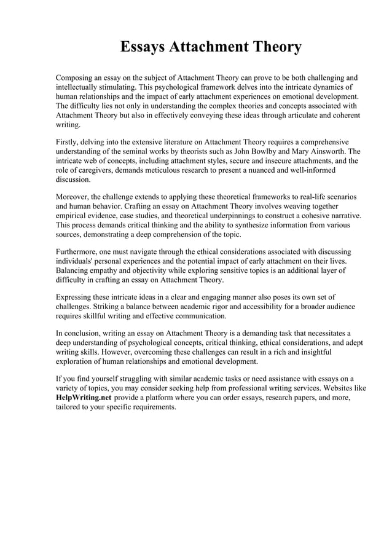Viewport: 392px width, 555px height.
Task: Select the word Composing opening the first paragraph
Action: (76, 78)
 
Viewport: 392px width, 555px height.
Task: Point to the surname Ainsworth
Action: (335, 151)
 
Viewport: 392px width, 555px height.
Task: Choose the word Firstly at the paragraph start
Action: (68, 141)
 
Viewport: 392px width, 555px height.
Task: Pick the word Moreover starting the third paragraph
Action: (73, 197)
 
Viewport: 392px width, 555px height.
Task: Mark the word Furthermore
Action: (79, 252)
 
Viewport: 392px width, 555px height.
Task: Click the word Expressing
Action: (77, 297)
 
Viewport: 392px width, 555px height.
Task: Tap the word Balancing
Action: (74, 270)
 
